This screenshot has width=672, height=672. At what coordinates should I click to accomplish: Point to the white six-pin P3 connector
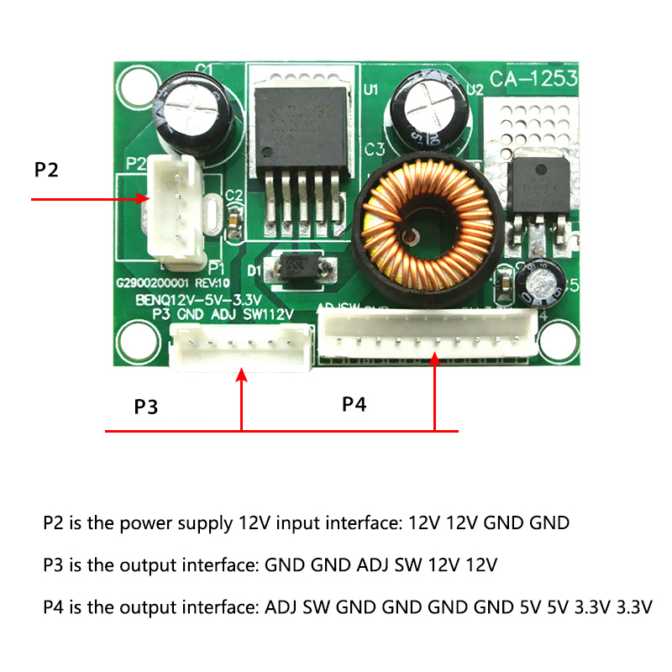(x=241, y=347)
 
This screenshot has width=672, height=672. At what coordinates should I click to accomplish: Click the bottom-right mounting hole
(x=555, y=339)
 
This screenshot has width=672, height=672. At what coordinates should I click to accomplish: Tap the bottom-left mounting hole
(x=135, y=339)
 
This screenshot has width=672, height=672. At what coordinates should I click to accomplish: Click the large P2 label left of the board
(x=47, y=170)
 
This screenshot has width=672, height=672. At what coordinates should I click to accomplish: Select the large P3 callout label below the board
(x=146, y=407)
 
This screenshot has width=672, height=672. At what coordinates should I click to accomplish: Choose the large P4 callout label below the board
(x=354, y=405)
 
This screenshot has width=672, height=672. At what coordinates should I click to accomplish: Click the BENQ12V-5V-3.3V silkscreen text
(x=198, y=300)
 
